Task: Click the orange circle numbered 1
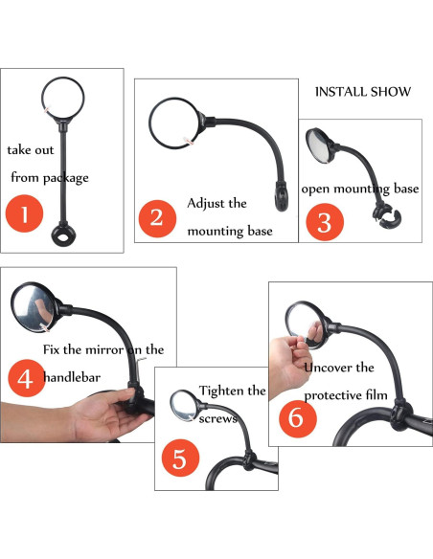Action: click(24, 213)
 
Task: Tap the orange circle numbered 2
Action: click(157, 218)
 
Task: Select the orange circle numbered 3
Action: click(325, 222)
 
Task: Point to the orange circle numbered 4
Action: click(27, 378)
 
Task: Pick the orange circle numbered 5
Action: click(180, 458)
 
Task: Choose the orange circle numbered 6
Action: click(298, 418)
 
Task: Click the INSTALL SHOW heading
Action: click(363, 92)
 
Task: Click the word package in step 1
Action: click(66, 177)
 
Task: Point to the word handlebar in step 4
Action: click(72, 377)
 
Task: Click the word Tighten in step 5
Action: click(222, 391)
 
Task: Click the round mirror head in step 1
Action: click(63, 98)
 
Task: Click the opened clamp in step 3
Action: click(387, 218)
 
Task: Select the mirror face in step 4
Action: click(33, 306)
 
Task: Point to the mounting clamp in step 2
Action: click(281, 196)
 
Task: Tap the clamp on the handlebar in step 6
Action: click(401, 414)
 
